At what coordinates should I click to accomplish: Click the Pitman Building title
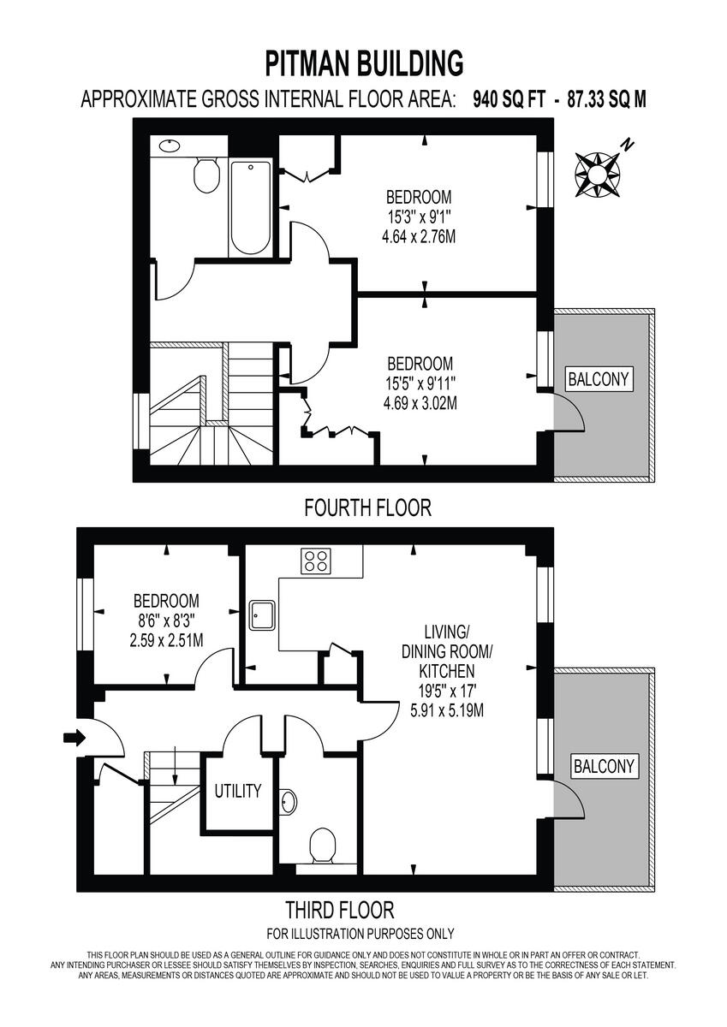point(364,63)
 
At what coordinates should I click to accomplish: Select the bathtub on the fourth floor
point(250,207)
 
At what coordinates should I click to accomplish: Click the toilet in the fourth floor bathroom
point(206,175)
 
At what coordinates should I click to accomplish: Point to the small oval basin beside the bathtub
point(170,145)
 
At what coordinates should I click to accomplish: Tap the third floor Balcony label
point(605,766)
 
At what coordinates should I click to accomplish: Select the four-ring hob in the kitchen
point(316,561)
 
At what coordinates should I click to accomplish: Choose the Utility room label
point(237,791)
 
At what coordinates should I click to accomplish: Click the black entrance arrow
point(74,738)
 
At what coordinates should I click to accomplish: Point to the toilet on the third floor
point(322,846)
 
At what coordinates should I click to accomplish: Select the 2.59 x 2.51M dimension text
point(166,640)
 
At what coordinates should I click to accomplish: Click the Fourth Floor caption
point(367,508)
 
